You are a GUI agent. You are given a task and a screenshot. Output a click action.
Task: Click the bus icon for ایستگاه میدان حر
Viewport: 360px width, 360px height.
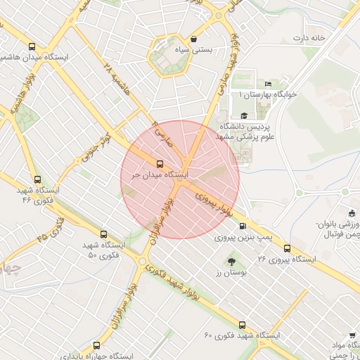(160, 164)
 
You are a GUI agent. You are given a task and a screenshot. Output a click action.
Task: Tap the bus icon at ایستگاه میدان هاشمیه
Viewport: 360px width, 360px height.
(31, 47)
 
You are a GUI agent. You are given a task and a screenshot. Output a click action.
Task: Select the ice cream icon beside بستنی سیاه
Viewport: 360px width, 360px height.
(193, 39)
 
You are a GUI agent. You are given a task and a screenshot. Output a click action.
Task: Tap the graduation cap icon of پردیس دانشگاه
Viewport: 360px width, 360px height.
(244, 116)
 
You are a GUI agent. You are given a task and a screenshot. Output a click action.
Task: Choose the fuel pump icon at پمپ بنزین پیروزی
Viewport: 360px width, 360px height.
(243, 226)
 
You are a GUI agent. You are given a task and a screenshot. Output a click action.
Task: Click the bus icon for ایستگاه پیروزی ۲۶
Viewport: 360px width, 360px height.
(287, 248)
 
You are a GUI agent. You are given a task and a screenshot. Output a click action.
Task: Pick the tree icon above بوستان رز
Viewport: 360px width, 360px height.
(232, 262)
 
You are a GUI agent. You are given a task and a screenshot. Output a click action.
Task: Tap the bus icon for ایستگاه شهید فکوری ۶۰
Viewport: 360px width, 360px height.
(243, 326)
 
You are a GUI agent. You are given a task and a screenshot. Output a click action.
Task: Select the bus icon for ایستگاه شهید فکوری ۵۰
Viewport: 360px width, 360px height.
(103, 234)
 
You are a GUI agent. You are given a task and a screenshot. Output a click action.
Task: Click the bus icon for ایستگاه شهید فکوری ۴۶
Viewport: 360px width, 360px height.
(38, 179)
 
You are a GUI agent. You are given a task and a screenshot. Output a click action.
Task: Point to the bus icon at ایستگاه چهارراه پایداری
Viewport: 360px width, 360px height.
(96, 345)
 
